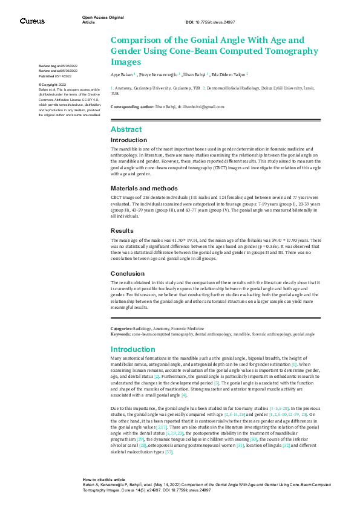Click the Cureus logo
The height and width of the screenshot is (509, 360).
point(31,21)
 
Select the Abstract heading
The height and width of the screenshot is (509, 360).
point(126,129)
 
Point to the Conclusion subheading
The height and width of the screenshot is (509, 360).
point(127,273)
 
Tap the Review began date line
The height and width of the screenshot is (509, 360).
point(58,65)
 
